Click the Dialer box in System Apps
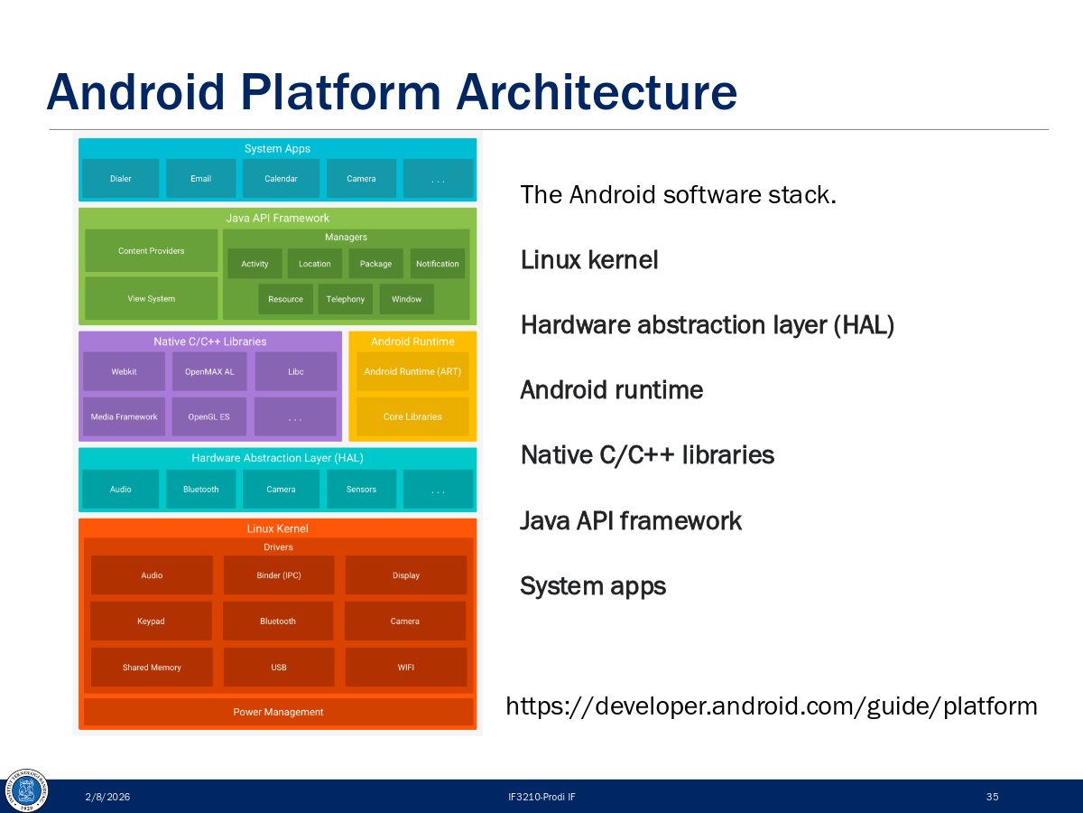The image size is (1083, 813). (120, 179)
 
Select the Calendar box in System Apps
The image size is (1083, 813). (281, 179)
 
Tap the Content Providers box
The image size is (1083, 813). (151, 251)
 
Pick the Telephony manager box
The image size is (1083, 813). (345, 299)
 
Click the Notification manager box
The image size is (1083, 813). (438, 264)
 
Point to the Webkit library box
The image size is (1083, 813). (124, 371)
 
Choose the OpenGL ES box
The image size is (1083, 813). (208, 416)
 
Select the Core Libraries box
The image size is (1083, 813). (412, 416)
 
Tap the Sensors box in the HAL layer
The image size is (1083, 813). (361, 489)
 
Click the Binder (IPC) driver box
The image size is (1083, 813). (278, 575)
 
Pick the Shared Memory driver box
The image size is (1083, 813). (152, 668)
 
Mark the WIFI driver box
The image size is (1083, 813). (405, 668)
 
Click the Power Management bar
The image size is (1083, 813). (278, 712)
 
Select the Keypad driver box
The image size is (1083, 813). (152, 621)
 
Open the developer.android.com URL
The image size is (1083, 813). (771, 706)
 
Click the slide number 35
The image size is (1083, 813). (992, 797)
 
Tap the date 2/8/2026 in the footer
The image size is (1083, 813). (107, 797)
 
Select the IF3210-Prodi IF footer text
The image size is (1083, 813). (541, 797)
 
